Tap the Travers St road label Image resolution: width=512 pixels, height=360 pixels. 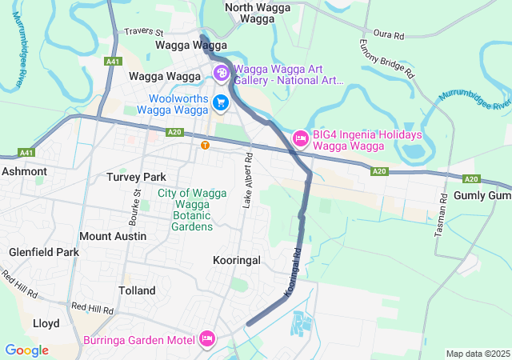pyautogui.click(x=144, y=33)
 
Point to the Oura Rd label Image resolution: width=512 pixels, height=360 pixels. pyautogui.click(x=389, y=36)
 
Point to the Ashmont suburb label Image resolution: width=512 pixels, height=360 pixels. pyautogui.click(x=24, y=171)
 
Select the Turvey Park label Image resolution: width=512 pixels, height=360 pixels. pyautogui.click(x=136, y=176)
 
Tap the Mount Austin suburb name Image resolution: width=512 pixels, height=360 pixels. pyautogui.click(x=113, y=236)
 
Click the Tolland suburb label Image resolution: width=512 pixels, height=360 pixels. pyautogui.click(x=137, y=290)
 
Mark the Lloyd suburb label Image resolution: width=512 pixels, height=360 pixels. pyautogui.click(x=46, y=323)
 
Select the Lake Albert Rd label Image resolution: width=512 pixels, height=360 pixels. pyautogui.click(x=247, y=180)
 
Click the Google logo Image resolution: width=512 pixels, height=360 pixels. pyautogui.click(x=26, y=350)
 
